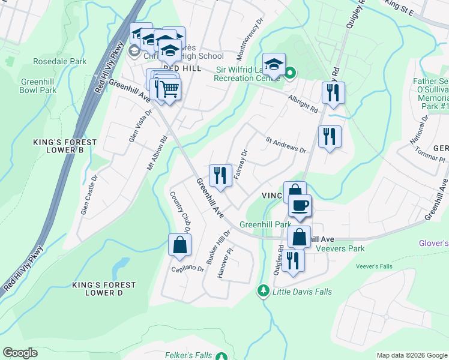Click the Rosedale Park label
[x=59, y=61]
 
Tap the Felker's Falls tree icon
[x=222, y=356]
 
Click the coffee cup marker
[x=300, y=205]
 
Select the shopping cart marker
[x=169, y=89]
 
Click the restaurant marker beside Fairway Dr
[x=220, y=175]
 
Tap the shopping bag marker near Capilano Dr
[x=179, y=244]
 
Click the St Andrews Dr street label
[x=286, y=145]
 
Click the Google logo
[x=20, y=353]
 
